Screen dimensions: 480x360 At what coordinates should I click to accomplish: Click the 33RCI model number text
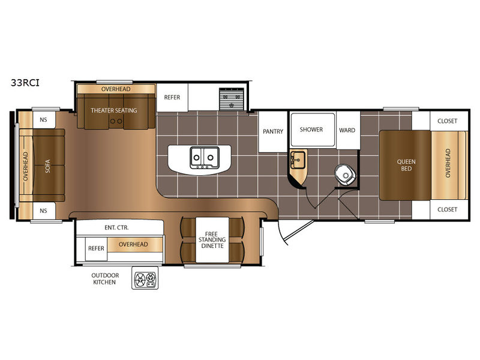[x=25, y=83]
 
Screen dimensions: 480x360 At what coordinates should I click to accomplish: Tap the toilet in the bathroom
[x=345, y=175]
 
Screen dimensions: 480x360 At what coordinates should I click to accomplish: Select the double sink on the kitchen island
[x=205, y=158]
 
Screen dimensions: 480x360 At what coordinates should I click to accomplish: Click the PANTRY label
[x=273, y=131]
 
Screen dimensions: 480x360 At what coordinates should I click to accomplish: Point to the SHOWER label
[x=311, y=130]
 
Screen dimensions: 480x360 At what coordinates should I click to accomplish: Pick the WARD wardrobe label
[x=347, y=130]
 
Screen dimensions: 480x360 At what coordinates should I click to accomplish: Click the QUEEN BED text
[x=406, y=165]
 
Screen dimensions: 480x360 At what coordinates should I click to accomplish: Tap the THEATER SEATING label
[x=114, y=110]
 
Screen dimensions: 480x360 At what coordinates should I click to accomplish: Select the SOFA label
[x=48, y=166]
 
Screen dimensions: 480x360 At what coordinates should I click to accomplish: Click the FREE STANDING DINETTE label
[x=212, y=239]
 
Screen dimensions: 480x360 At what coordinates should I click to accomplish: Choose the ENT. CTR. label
[x=116, y=227]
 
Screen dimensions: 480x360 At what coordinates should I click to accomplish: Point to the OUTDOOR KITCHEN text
[x=104, y=278]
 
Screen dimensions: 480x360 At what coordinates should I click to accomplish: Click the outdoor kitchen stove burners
[x=145, y=278]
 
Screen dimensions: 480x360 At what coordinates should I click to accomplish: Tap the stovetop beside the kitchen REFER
[x=232, y=99]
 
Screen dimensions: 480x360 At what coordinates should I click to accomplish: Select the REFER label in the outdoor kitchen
[x=96, y=248]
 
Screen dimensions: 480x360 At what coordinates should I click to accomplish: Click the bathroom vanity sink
[x=298, y=160]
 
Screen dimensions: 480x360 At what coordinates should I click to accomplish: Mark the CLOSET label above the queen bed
[x=447, y=121]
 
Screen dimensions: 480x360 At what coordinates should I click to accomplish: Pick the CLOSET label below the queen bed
[x=447, y=209]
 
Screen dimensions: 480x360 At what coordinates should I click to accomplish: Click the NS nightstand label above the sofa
[x=43, y=119]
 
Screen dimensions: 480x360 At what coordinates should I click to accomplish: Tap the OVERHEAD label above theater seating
[x=116, y=89]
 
